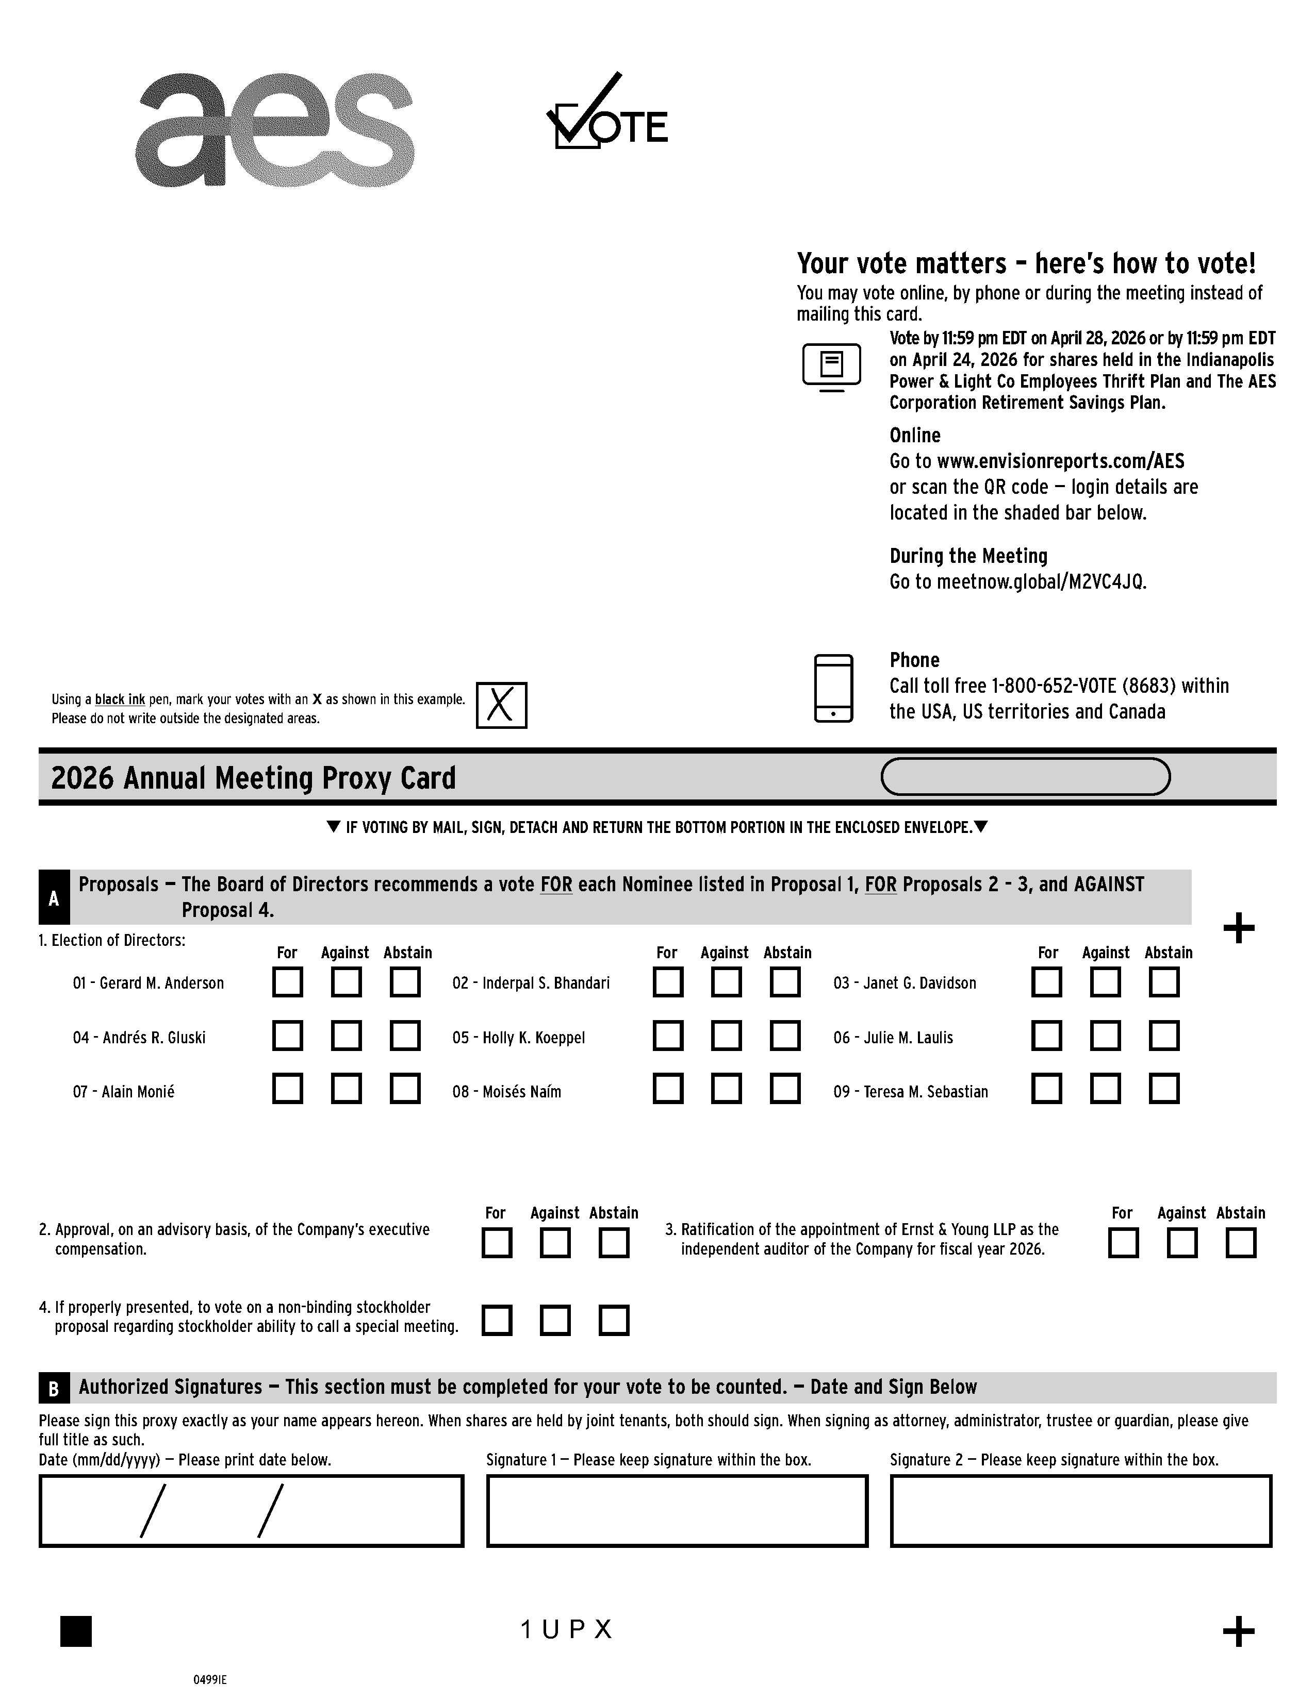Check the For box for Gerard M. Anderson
point(287,982)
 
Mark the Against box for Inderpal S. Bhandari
point(726,982)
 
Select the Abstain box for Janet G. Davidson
point(1164,982)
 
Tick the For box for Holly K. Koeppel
point(668,1036)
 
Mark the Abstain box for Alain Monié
point(405,1089)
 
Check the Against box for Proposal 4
point(555,1320)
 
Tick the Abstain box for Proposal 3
point(1240,1243)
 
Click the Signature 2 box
point(1080,1510)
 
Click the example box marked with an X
point(501,706)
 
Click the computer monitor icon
point(831,366)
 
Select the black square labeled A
point(54,898)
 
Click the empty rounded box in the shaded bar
point(1025,776)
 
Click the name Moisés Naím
point(521,1092)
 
